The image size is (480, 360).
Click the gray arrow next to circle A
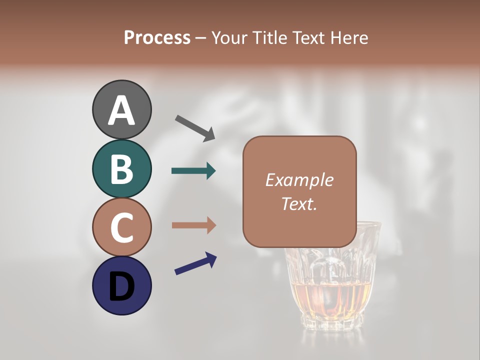click(194, 127)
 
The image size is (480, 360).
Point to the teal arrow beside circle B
click(193, 171)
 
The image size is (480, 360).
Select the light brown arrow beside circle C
click(193, 225)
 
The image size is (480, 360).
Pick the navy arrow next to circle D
click(195, 263)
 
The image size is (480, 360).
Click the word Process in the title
click(157, 37)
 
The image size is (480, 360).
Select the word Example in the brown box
click(299, 180)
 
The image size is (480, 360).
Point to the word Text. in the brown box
click(299, 203)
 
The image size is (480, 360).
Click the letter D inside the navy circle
click(121, 286)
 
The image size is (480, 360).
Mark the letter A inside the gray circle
click(121, 110)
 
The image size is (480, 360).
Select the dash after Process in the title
click(201, 38)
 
